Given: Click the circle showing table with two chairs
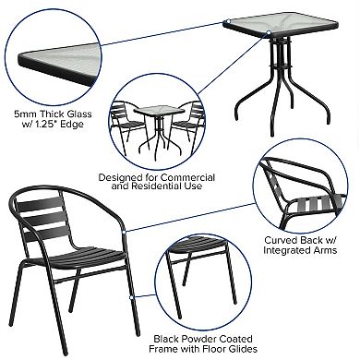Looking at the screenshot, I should tap(154, 124).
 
